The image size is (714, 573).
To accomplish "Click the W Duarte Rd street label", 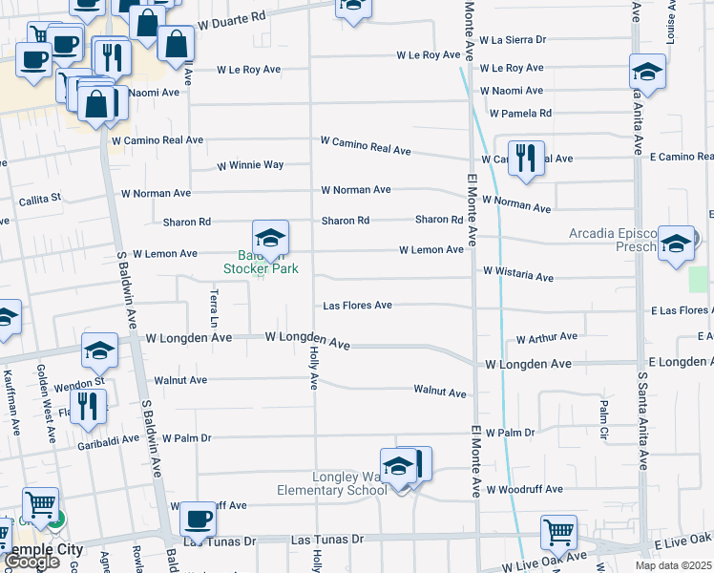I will click(x=232, y=18).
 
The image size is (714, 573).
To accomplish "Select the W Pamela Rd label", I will click(x=520, y=113).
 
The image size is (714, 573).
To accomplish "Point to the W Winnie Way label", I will click(x=250, y=165).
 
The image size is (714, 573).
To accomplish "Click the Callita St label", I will click(x=40, y=200).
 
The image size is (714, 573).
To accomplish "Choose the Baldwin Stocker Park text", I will click(x=261, y=263).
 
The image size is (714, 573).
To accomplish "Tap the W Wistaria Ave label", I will click(x=518, y=276).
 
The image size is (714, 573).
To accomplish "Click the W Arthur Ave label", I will click(x=546, y=338).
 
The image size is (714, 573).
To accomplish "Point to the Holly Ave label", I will click(x=313, y=368).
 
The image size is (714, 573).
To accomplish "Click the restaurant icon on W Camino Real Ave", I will click(x=525, y=159).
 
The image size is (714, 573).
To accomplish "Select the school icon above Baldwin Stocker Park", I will click(x=270, y=238).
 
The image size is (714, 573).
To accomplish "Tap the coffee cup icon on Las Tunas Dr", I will click(x=198, y=520).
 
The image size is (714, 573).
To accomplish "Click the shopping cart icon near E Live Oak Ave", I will click(x=558, y=532).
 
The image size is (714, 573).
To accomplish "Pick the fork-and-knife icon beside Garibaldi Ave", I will click(x=88, y=407).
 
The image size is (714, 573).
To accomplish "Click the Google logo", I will click(x=32, y=562).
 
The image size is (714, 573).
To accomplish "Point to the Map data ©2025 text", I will click(x=673, y=565).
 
